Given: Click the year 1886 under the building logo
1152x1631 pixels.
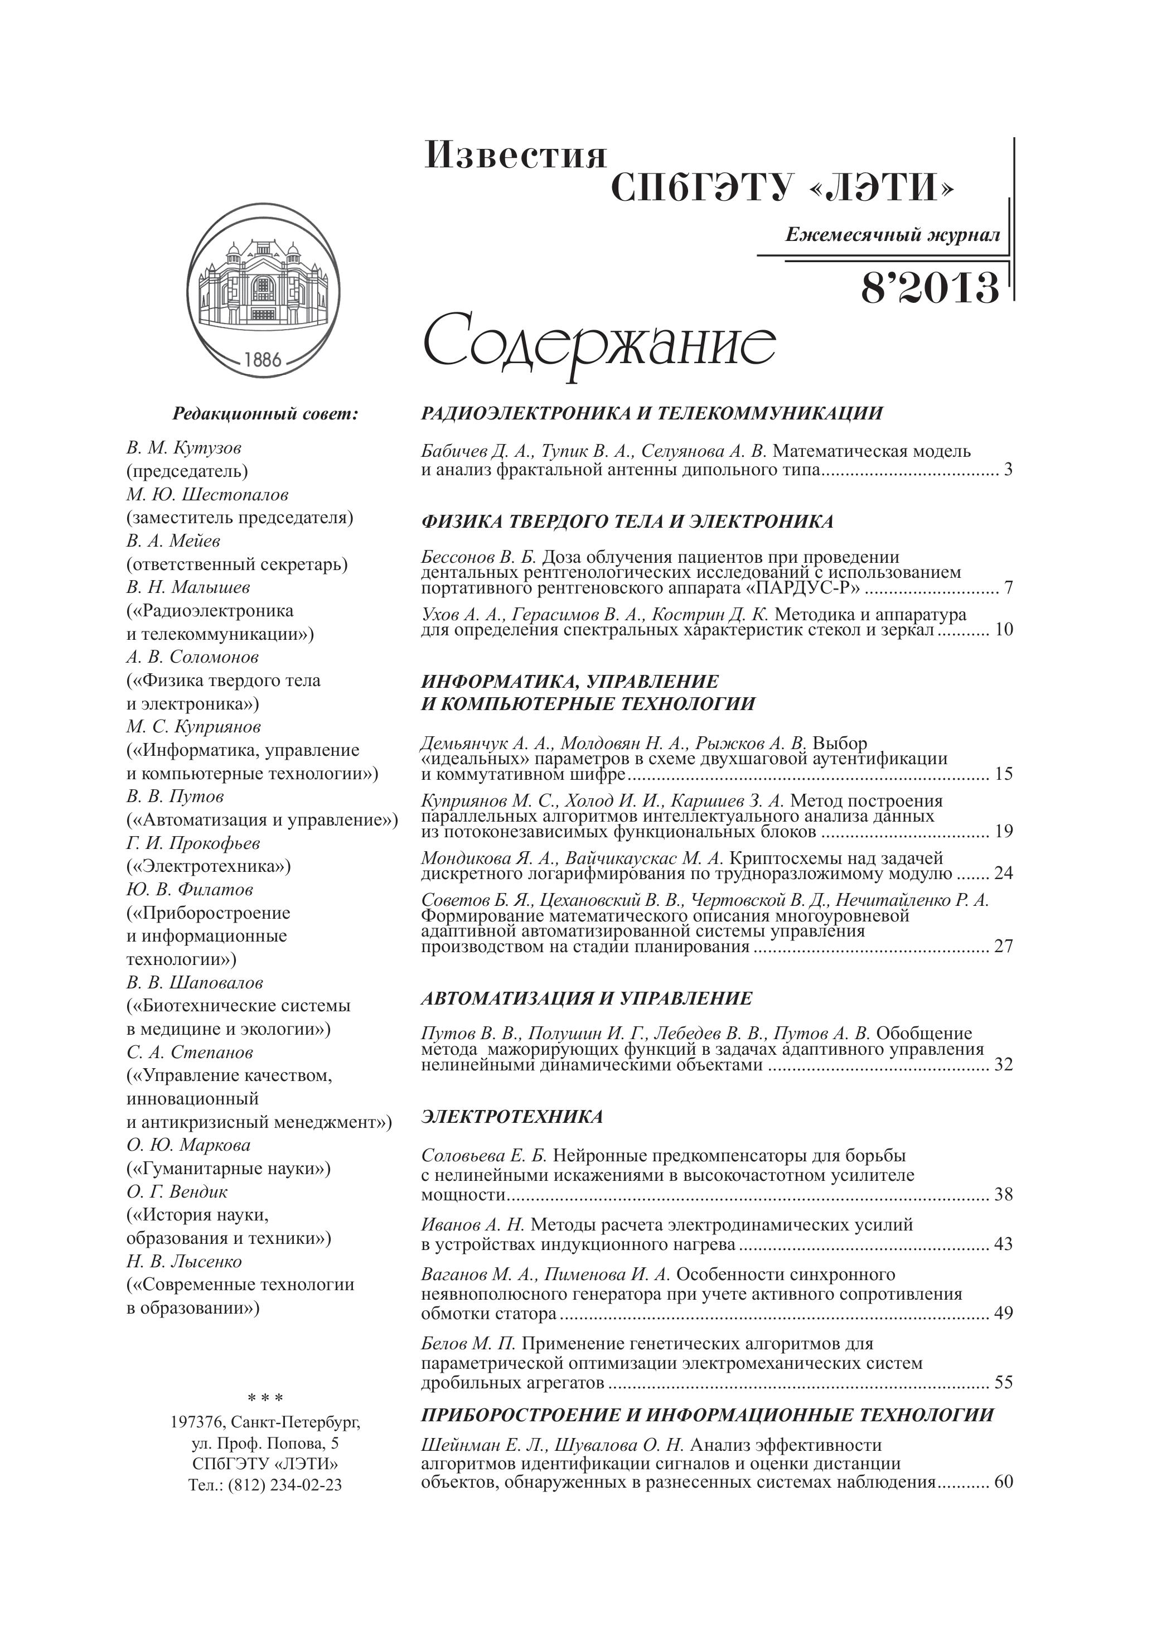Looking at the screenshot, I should (263, 359).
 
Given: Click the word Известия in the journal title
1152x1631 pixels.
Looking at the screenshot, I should (516, 156).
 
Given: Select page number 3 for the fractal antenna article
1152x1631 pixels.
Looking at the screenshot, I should (1008, 470).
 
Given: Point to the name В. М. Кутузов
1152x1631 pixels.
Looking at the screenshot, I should (184, 447).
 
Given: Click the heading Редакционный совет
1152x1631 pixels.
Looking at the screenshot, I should (265, 413).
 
